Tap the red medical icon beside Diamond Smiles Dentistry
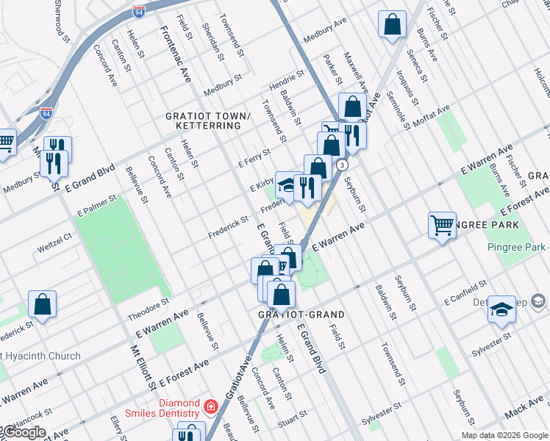click(x=210, y=405)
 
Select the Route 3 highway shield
click(x=342, y=165)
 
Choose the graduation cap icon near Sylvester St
click(x=502, y=310)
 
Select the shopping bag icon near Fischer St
click(x=393, y=24)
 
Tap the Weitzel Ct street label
click(x=57, y=237)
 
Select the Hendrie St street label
click(x=286, y=76)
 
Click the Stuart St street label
click(x=292, y=423)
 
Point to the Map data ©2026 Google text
click(x=504, y=435)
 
